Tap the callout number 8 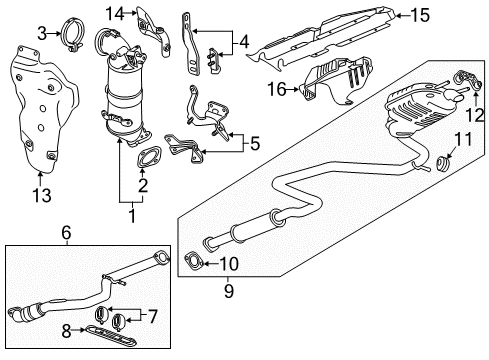click(67, 327)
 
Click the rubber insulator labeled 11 click(440, 161)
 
